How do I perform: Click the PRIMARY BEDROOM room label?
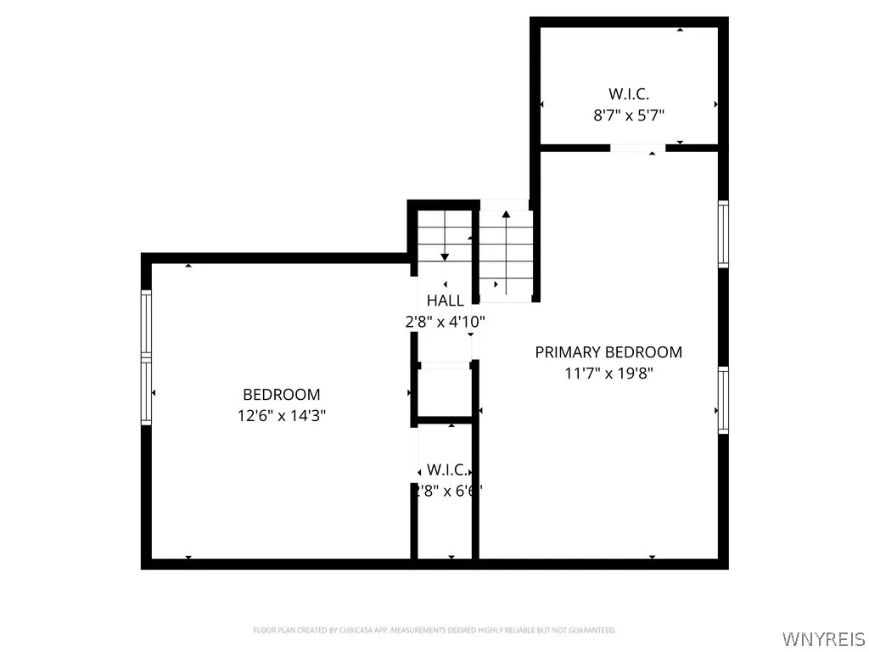[608, 352]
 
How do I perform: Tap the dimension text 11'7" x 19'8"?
[608, 373]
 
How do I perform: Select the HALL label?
[445, 301]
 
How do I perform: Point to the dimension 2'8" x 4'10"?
[445, 322]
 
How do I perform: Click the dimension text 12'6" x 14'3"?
[282, 416]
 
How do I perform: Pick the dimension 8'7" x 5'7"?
[629, 115]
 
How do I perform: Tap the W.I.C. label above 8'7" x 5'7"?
[629, 94]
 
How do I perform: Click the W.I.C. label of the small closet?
[446, 469]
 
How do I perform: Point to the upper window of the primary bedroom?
[723, 233]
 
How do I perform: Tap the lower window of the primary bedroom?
[723, 400]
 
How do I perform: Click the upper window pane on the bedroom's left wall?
[146, 323]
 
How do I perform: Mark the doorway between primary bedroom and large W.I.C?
[638, 149]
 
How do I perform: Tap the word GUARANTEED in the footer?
[593, 630]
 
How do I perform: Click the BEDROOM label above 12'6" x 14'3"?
[282, 395]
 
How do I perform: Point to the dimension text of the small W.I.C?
[446, 491]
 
